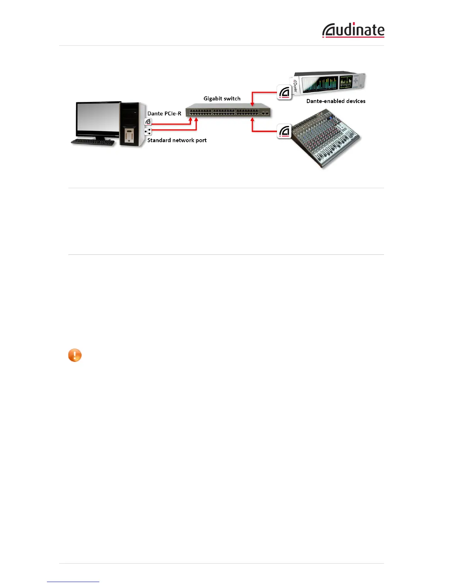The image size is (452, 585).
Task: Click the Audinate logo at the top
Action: coord(353,30)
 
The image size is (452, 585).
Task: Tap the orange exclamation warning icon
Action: coord(75,355)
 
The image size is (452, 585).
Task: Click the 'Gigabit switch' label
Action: coord(222,99)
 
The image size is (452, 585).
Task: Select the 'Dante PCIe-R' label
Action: coord(164,113)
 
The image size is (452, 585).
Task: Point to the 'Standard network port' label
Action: coord(177,140)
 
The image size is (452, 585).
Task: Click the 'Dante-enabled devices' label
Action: coord(336,101)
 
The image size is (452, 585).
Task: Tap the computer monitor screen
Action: coord(98,117)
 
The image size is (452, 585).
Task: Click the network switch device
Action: coord(228,110)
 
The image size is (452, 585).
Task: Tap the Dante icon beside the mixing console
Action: coord(284,131)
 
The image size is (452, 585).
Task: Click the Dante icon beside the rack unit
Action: coord(284,92)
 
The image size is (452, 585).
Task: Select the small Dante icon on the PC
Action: coord(148,122)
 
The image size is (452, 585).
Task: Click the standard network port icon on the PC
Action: coord(148,131)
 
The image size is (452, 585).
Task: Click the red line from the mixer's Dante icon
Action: coord(264,131)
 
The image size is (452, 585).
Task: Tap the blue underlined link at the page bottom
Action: coord(73,582)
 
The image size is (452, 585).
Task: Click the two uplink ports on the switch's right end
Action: coord(264,113)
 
